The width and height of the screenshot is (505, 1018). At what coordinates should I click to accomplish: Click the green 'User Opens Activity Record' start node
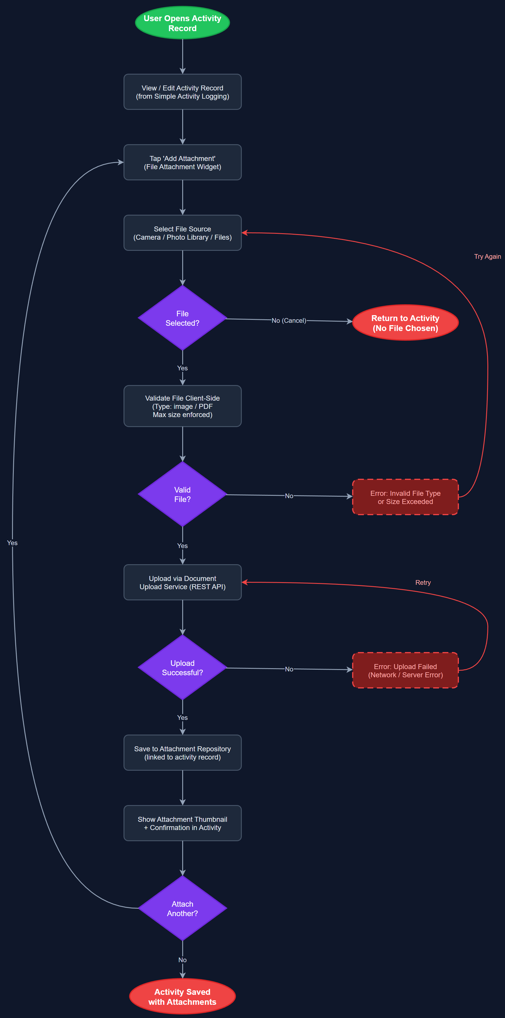(183, 23)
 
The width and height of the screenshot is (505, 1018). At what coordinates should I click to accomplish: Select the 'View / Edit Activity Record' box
(183, 92)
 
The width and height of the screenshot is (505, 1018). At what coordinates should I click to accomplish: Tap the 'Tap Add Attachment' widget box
(183, 162)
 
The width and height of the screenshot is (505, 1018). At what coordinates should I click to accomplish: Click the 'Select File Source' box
(183, 233)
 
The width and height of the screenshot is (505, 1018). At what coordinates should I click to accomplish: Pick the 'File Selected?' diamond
(183, 318)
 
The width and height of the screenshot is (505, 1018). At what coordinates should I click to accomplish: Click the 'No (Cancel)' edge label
(289, 320)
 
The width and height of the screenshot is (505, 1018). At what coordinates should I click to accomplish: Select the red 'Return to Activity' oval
(405, 323)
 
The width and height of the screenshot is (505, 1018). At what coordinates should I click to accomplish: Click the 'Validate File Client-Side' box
(183, 406)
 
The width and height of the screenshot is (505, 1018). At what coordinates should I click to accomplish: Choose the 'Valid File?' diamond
(183, 494)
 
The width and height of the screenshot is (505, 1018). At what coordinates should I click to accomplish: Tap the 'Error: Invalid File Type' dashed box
(405, 497)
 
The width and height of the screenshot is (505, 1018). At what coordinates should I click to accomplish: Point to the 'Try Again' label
(487, 256)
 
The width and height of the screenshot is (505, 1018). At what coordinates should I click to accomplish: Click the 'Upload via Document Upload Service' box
(183, 582)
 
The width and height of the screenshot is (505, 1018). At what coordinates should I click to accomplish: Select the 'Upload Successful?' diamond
(183, 668)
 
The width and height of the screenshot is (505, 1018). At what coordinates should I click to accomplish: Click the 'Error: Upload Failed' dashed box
(405, 671)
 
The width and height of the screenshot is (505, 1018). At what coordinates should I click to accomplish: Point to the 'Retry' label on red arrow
(423, 582)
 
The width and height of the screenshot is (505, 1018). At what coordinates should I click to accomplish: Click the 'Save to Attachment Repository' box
(183, 753)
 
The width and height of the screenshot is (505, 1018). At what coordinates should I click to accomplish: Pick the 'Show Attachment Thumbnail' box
(183, 823)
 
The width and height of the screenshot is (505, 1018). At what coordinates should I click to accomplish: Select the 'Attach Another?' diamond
(183, 908)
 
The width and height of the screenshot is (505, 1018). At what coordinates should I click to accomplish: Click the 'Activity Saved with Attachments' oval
(183, 997)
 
